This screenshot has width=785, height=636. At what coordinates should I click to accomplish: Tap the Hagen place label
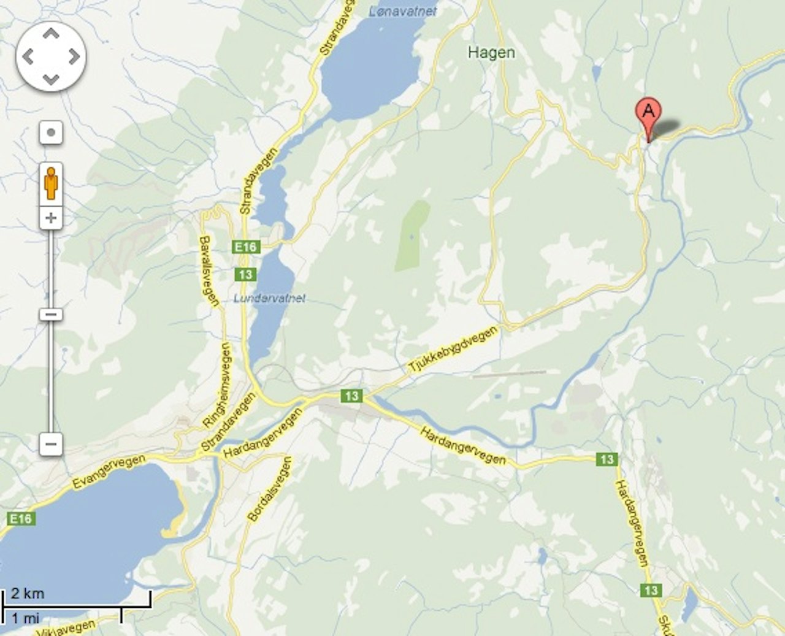coord(491,53)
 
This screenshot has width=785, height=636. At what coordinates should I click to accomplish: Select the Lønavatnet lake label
coord(403,12)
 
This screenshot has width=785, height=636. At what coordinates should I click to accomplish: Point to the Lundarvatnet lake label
coord(269,299)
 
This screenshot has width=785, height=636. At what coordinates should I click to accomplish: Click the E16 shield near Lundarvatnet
coord(246,247)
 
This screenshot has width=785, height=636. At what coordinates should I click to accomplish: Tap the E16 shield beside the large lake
coord(20,519)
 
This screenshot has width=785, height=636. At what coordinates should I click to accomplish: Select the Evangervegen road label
coord(109,471)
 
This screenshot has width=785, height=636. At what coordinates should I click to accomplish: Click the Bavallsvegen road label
coord(209,270)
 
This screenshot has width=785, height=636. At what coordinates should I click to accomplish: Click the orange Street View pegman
coord(51,182)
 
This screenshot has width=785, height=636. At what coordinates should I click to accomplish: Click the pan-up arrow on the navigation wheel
coord(51,34)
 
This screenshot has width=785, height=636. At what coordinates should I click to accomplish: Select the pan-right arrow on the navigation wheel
coord(74,57)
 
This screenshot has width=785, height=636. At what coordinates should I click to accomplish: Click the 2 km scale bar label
coord(28,593)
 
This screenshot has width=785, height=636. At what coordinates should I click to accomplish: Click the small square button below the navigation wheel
coord(51,132)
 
